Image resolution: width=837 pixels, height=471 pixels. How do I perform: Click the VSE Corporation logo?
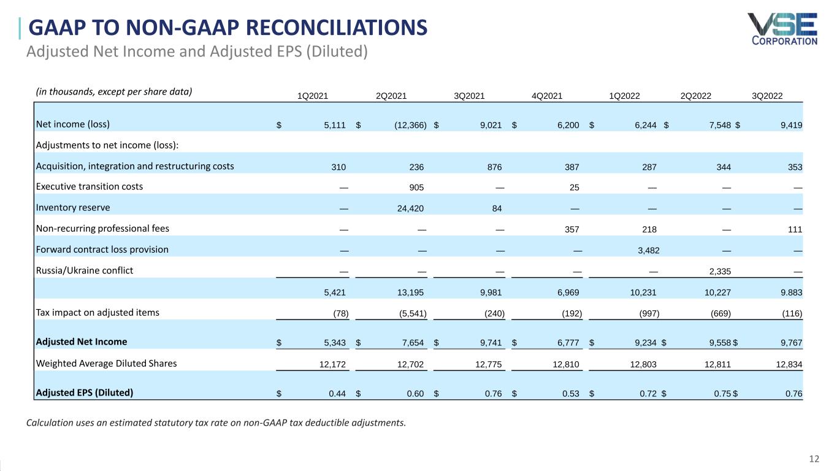point(782,29)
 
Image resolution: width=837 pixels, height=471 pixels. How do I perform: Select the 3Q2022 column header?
point(768,95)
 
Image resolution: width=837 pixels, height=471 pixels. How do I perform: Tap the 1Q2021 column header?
point(313,95)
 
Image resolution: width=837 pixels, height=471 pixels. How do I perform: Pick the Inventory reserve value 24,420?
point(410,208)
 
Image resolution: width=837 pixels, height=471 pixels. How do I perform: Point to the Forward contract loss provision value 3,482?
point(645,250)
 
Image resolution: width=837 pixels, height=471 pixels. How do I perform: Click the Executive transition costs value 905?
point(416,187)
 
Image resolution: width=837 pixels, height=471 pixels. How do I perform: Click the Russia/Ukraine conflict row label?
point(85,270)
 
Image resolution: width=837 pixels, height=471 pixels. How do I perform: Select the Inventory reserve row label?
point(73,207)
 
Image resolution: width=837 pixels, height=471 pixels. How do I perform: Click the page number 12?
point(814,459)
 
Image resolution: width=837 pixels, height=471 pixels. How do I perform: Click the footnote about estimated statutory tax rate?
point(216,423)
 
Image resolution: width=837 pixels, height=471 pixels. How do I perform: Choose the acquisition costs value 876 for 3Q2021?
point(494,166)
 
